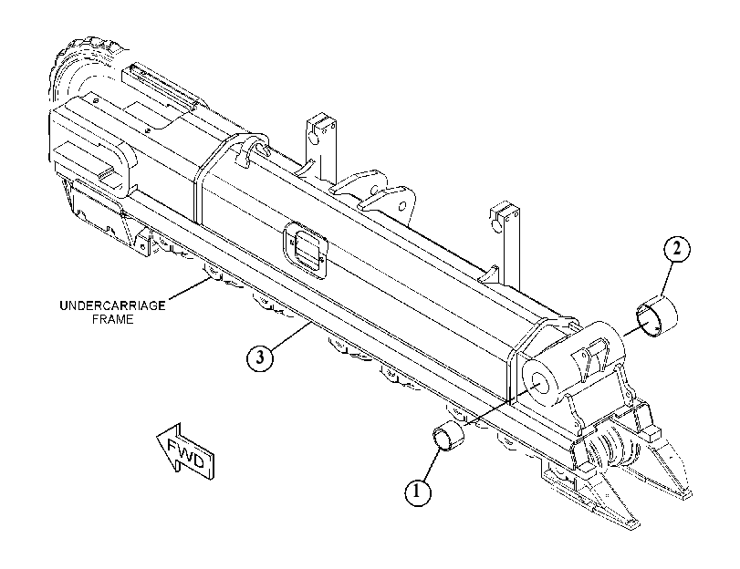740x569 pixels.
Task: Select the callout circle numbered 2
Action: tap(676, 249)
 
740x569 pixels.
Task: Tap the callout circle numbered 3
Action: tap(260, 357)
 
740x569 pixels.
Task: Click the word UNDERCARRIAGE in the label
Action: tap(112, 305)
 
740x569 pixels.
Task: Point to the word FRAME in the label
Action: tap(113, 319)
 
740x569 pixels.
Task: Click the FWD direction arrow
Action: tap(185, 451)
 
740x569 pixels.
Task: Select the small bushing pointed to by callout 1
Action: tap(448, 435)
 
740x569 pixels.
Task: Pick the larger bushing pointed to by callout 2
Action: tap(657, 316)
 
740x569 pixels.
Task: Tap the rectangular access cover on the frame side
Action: tap(307, 247)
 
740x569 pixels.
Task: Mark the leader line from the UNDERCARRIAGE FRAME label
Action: tap(189, 288)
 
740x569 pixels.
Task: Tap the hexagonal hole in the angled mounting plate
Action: tap(401, 206)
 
